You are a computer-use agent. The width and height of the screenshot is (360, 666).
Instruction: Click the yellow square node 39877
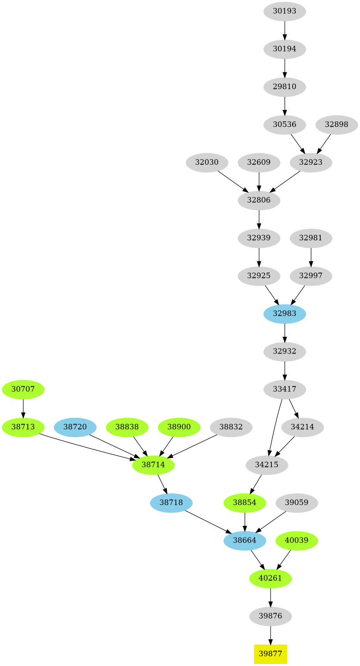point(270,653)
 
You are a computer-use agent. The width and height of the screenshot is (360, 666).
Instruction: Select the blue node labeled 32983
point(284,314)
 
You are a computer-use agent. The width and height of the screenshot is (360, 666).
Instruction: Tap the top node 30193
point(284,11)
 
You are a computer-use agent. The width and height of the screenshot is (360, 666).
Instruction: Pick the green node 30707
point(23,389)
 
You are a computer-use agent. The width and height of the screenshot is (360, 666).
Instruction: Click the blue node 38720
point(75,427)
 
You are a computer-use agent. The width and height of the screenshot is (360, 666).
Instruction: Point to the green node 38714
point(153,465)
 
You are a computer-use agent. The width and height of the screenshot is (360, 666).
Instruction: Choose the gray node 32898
point(336,124)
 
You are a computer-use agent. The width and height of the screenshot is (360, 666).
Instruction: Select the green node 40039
point(297,540)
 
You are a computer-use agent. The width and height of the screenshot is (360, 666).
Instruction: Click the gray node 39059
point(297,503)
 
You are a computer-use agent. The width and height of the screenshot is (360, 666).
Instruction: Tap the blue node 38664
point(245,540)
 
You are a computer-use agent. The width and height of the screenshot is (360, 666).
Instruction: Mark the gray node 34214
point(302,427)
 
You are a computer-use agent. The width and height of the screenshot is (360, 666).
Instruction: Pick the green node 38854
point(245,503)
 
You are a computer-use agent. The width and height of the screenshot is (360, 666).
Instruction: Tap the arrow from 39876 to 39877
point(270,634)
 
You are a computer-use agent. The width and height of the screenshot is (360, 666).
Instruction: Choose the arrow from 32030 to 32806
point(233,181)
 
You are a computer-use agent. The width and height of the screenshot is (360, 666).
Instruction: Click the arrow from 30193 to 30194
point(284,30)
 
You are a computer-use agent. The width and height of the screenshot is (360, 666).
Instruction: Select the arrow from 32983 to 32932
point(284,332)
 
